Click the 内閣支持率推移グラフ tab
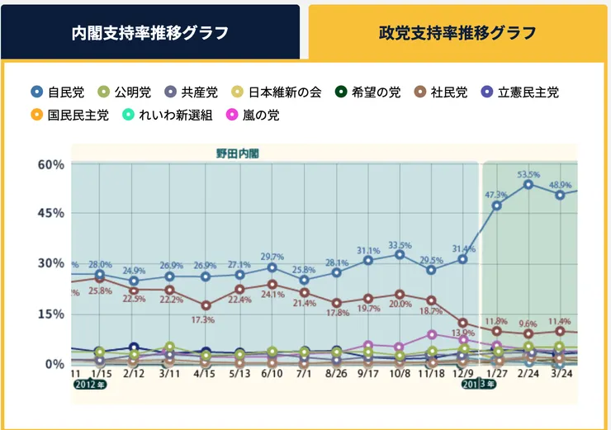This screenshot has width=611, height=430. [150, 33]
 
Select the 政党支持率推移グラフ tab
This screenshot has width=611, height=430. [457, 33]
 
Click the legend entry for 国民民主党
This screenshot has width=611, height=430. [71, 115]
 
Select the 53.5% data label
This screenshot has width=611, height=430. [528, 175]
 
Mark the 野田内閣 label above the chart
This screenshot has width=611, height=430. [232, 154]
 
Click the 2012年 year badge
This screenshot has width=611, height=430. [91, 384]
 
